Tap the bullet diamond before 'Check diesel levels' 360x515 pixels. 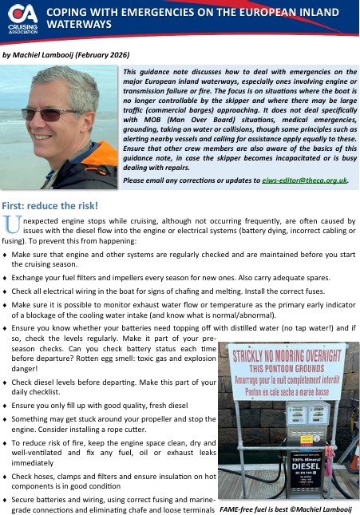tap(6, 383)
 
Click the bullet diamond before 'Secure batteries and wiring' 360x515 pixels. tap(6, 498)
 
